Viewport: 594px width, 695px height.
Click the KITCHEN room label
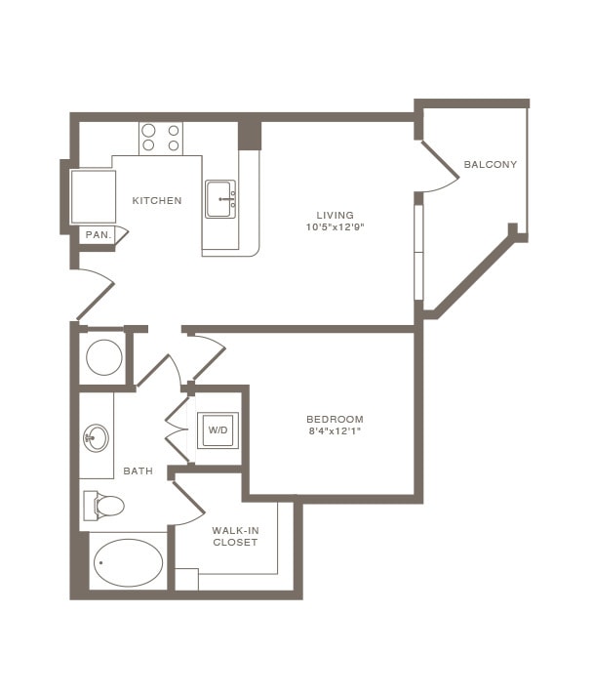coord(157,201)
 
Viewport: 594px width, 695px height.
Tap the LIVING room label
coord(335,215)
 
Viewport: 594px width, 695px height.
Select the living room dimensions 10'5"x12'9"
coord(335,227)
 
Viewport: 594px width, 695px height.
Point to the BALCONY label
coord(490,164)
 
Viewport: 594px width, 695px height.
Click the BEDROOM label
coord(335,419)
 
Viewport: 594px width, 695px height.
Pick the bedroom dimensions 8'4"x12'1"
coord(335,431)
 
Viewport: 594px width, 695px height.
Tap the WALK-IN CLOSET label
coord(235,536)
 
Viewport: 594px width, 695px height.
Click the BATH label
coord(138,471)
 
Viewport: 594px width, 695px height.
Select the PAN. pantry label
coord(97,234)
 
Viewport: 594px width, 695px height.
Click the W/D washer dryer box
coord(218,429)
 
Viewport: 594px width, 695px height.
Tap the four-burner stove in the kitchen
coord(161,138)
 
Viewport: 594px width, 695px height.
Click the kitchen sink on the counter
coord(220,200)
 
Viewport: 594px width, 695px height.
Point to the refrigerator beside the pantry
coord(94,196)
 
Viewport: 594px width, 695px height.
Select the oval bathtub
coord(128,562)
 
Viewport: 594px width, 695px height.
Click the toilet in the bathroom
coord(104,505)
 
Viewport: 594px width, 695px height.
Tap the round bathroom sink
coord(97,436)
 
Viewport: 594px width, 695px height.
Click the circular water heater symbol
coord(103,357)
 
